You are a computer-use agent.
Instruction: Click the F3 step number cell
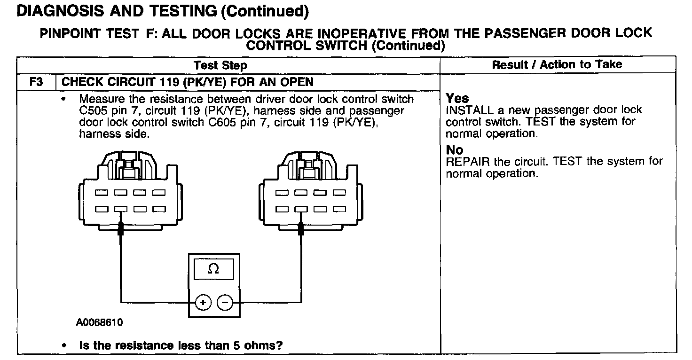tap(36, 82)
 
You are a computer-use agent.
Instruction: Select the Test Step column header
tap(220, 65)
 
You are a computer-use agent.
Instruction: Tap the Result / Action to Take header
tap(557, 64)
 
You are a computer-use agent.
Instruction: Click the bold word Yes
tap(457, 98)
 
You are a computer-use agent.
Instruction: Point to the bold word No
tap(455, 150)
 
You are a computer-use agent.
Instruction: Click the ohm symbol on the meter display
tap(213, 269)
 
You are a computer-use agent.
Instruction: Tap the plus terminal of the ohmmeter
tap(203, 302)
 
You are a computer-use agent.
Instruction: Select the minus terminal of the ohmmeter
tap(225, 302)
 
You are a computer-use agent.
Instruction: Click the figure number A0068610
tap(100, 322)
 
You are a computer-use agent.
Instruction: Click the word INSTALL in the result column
tap(470, 110)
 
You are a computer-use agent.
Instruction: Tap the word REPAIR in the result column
tap(468, 162)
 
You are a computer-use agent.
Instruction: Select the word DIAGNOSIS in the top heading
tap(60, 11)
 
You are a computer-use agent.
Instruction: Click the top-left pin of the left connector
tap(102, 193)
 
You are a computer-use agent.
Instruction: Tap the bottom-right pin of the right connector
tap(339, 209)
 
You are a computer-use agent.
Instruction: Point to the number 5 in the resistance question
tap(236, 345)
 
